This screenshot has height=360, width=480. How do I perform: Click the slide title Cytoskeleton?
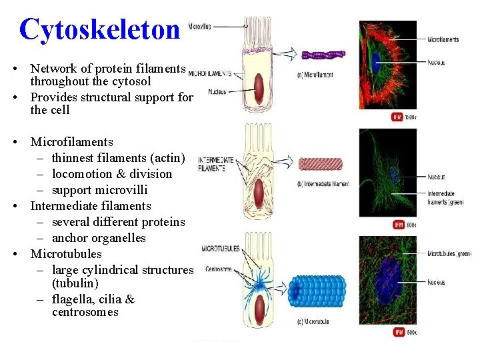100,29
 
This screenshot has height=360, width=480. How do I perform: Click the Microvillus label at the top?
200,27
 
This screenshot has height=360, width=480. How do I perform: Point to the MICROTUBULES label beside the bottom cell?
221,249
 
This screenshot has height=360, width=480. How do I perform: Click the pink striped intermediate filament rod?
320,164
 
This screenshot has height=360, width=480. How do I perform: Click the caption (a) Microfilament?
315,75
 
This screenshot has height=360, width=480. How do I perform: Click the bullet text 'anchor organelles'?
99,238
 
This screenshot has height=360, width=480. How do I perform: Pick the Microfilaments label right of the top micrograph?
443,39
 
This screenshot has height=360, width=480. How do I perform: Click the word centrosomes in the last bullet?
85,312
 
